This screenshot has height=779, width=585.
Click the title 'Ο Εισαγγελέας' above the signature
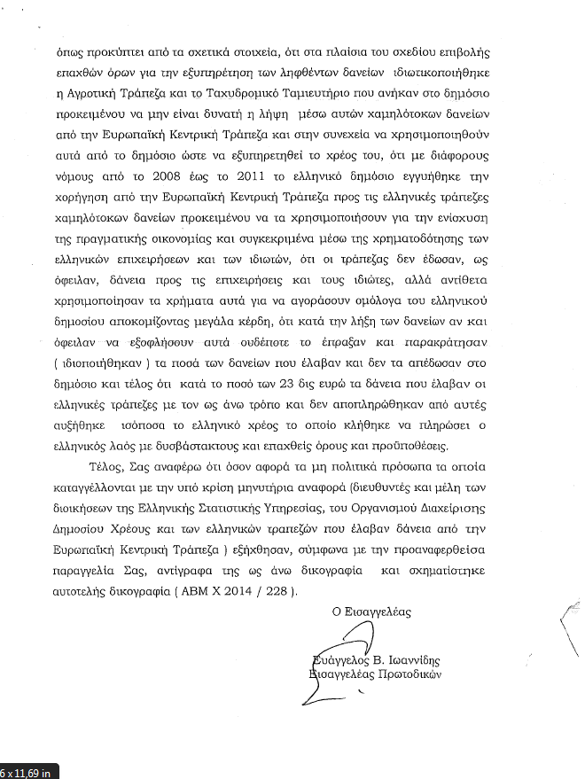click(x=371, y=612)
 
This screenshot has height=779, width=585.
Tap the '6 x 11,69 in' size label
click(x=26, y=772)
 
